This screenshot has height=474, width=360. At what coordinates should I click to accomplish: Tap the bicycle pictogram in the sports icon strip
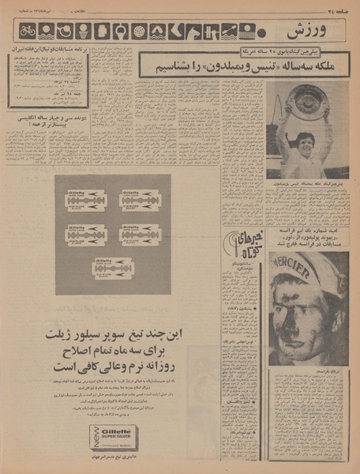[x=28, y=32]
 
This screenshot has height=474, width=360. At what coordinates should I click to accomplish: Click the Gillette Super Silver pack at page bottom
[x=113, y=438]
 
